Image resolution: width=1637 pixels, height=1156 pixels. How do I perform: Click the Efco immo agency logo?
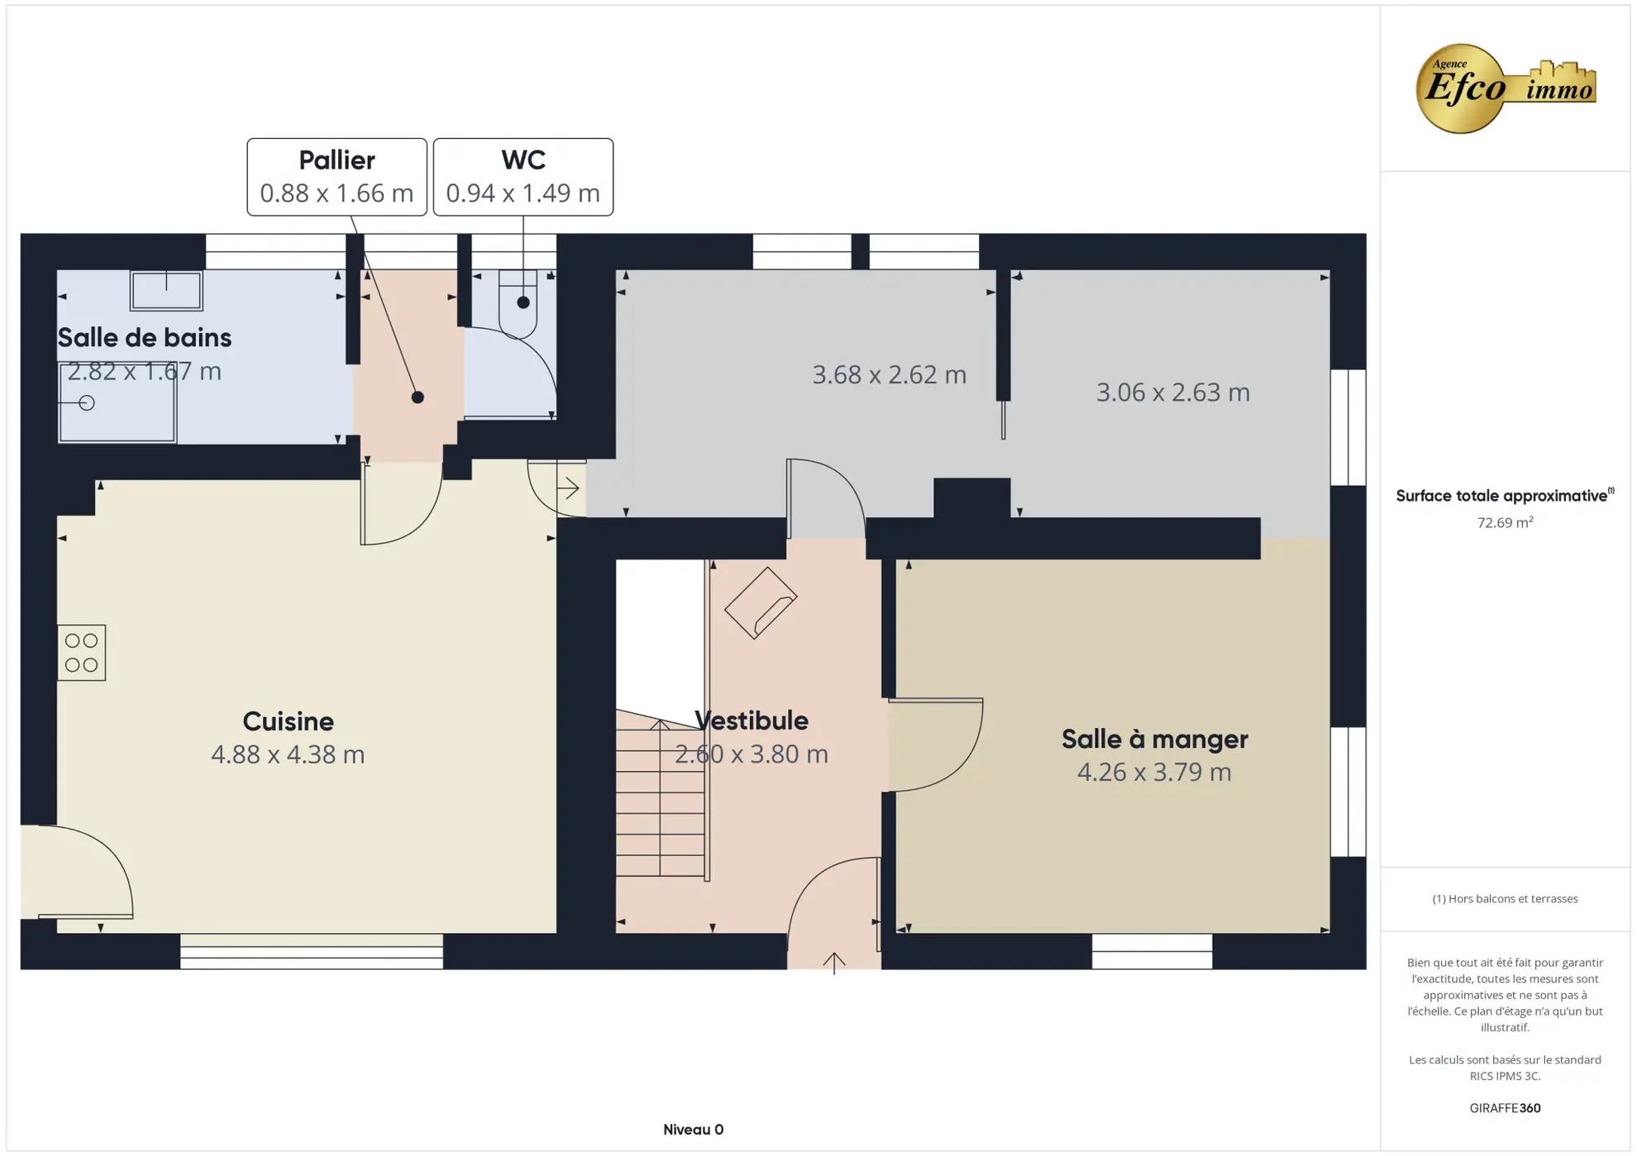click(x=1504, y=88)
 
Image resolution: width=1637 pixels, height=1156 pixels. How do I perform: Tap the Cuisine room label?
click(x=288, y=721)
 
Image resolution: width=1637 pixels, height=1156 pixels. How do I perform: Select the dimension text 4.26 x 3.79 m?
click(x=1153, y=772)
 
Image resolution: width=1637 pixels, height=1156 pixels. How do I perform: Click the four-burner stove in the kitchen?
click(x=82, y=653)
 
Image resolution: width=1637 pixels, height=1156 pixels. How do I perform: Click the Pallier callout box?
click(x=336, y=177)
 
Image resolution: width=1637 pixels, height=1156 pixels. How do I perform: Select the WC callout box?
click(x=523, y=177)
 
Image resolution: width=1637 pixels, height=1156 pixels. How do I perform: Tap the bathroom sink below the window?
click(x=166, y=291)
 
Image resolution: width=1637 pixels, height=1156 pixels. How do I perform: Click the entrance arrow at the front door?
click(x=833, y=962)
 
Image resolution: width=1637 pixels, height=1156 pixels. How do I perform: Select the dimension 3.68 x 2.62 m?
click(x=889, y=375)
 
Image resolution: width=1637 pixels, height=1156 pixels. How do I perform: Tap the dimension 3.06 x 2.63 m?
click(x=1172, y=392)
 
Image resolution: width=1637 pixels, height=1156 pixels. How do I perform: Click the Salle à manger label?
click(x=1154, y=739)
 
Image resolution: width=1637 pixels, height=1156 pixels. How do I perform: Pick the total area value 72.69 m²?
click(x=1504, y=522)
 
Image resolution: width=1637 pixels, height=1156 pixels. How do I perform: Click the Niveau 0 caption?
click(x=693, y=1129)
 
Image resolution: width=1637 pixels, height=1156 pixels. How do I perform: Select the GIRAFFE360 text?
click(x=1504, y=1108)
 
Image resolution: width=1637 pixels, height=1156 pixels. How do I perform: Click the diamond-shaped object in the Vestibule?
click(x=761, y=603)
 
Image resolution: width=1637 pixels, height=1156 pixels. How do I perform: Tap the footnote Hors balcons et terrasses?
click(x=1504, y=898)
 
